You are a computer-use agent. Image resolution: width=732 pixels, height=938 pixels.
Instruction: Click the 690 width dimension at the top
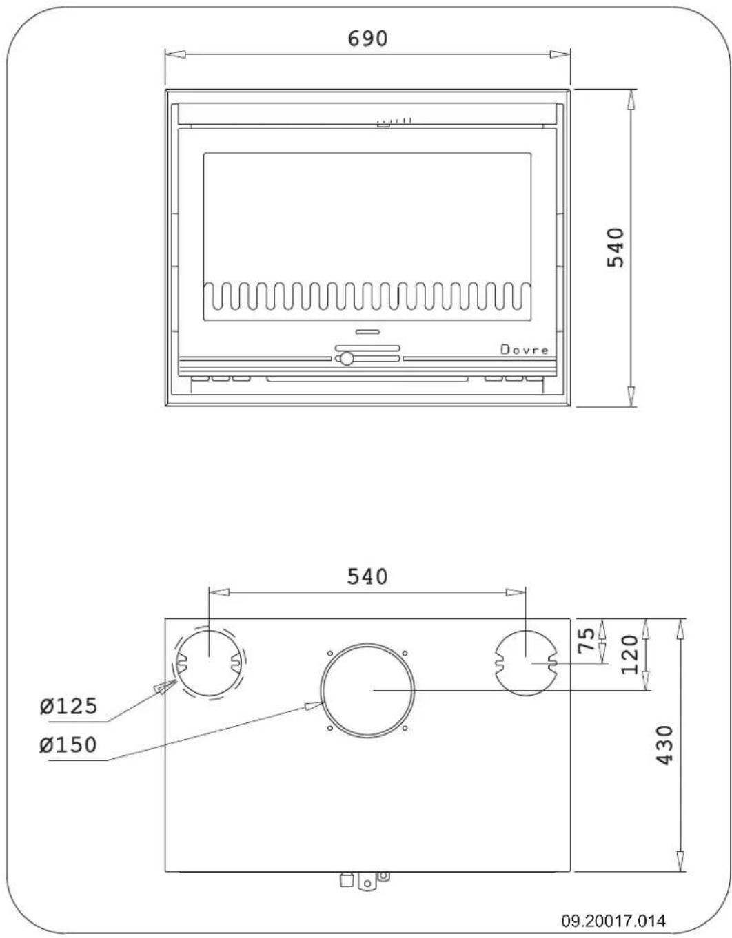pyautogui.click(x=367, y=39)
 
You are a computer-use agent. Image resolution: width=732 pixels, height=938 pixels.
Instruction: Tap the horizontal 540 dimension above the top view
pyautogui.click(x=367, y=576)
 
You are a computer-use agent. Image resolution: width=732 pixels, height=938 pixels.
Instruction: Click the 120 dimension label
pyautogui.click(x=630, y=655)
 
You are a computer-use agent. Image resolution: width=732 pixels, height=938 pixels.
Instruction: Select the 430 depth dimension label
pyautogui.click(x=664, y=744)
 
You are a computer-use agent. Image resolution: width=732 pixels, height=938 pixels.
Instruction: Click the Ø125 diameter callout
pyautogui.click(x=68, y=707)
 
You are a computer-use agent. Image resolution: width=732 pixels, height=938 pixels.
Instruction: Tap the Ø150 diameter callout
pyautogui.click(x=68, y=745)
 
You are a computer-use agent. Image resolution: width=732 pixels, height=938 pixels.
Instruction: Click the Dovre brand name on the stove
pyautogui.click(x=525, y=350)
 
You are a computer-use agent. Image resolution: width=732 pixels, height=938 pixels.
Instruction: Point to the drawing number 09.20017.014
pyautogui.click(x=613, y=921)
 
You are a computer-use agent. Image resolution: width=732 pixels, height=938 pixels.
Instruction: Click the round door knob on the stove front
pyautogui.click(x=347, y=359)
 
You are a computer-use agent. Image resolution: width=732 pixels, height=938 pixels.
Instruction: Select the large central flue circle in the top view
pyautogui.click(x=367, y=690)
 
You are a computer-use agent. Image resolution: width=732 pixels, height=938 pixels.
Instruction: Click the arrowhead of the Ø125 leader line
pyautogui.click(x=163, y=687)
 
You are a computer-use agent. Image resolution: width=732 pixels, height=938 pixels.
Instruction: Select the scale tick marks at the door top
pyautogui.click(x=394, y=122)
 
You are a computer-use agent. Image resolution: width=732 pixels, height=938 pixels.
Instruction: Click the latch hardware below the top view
pyautogui.click(x=363, y=879)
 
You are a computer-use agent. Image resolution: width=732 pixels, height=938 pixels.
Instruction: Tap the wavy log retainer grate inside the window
pyautogui.click(x=367, y=296)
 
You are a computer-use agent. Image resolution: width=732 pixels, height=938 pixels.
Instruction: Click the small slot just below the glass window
pyautogui.click(x=367, y=332)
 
